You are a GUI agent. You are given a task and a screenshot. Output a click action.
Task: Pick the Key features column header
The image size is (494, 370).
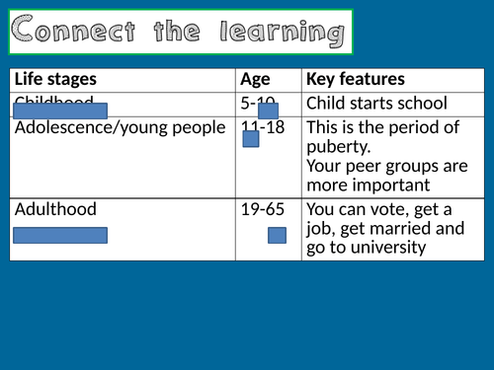point(356,79)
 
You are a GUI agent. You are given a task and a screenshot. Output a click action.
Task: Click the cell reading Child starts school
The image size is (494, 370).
point(376,103)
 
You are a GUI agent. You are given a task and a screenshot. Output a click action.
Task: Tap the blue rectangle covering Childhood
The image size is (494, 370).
point(67,110)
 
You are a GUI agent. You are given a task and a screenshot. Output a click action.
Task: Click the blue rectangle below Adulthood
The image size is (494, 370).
point(60,235)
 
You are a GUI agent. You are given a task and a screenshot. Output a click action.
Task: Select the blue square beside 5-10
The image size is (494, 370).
point(268,111)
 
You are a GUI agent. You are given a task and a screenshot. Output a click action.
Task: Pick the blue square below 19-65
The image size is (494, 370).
point(277,235)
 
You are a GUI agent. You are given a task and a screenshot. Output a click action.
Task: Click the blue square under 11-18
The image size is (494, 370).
point(250,139)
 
